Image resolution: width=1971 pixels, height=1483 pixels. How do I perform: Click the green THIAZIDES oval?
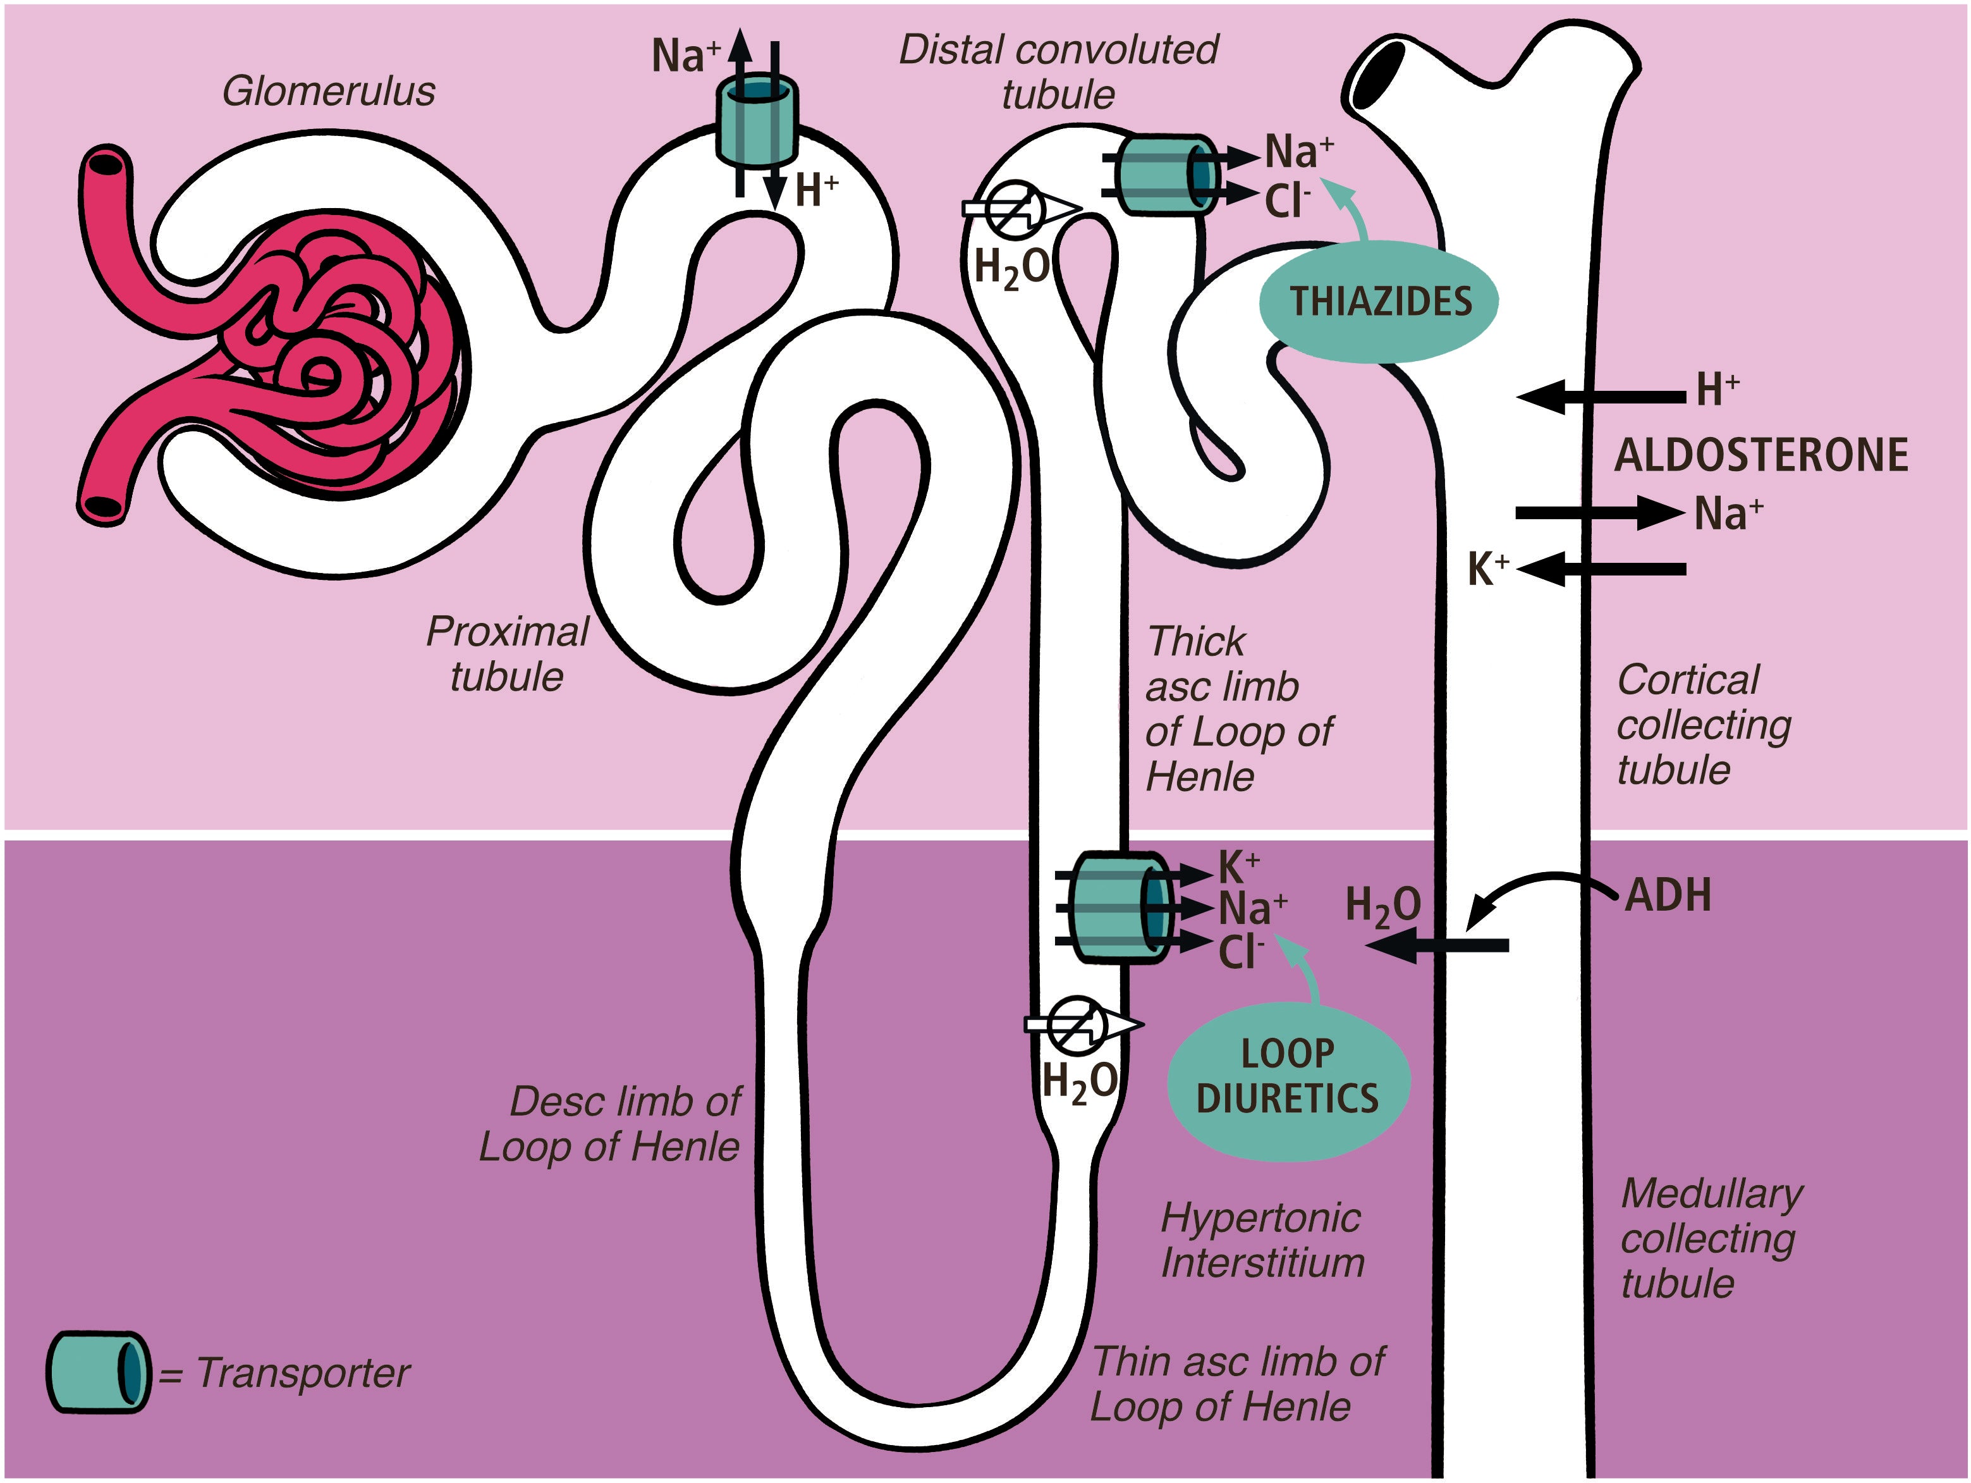pyautogui.click(x=1379, y=302)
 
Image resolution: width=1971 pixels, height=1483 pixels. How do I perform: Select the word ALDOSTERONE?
pyautogui.click(x=1760, y=455)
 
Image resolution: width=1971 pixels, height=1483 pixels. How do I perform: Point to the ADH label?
pyautogui.click(x=1668, y=895)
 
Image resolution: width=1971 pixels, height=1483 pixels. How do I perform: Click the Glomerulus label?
pyautogui.click(x=329, y=92)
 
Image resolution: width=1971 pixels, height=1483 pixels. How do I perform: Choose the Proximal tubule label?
pyautogui.click(x=507, y=653)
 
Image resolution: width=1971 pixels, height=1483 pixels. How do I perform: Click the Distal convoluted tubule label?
pyautogui.click(x=1059, y=71)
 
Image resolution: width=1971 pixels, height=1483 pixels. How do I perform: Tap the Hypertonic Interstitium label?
pyautogui.click(x=1262, y=1240)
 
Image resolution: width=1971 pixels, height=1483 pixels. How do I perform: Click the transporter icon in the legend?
pyautogui.click(x=98, y=1372)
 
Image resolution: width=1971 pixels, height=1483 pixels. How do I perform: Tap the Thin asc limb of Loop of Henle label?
pyautogui.click(x=1237, y=1384)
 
